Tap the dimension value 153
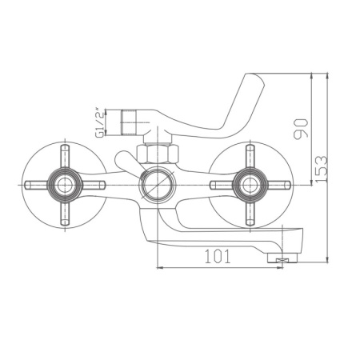[x=321, y=169]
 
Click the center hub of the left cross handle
[x=62, y=186]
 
